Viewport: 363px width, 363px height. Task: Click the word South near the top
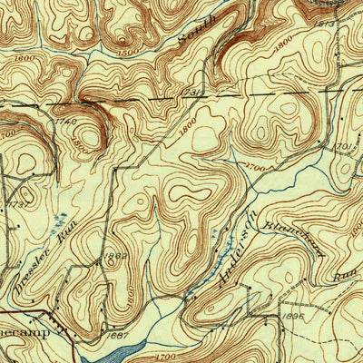[x=192, y=34]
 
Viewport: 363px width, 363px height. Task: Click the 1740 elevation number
[x=64, y=121]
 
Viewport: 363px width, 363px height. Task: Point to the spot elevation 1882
[x=116, y=258]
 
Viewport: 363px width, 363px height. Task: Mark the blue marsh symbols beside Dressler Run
[x=61, y=221]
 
